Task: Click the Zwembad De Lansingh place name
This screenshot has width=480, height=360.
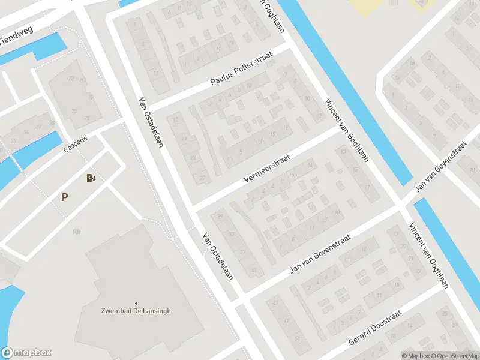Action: (136, 310)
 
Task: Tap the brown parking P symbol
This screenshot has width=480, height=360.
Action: (64, 197)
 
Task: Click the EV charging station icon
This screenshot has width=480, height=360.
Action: (90, 178)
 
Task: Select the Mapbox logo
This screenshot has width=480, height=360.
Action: (26, 353)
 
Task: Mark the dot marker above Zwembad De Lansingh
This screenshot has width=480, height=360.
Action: (136, 303)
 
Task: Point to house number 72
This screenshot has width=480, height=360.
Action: (71, 79)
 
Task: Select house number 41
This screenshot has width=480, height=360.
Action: (254, 271)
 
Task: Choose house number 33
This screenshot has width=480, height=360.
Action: (232, 234)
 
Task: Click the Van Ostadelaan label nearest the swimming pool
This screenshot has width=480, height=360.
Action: (217, 257)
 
